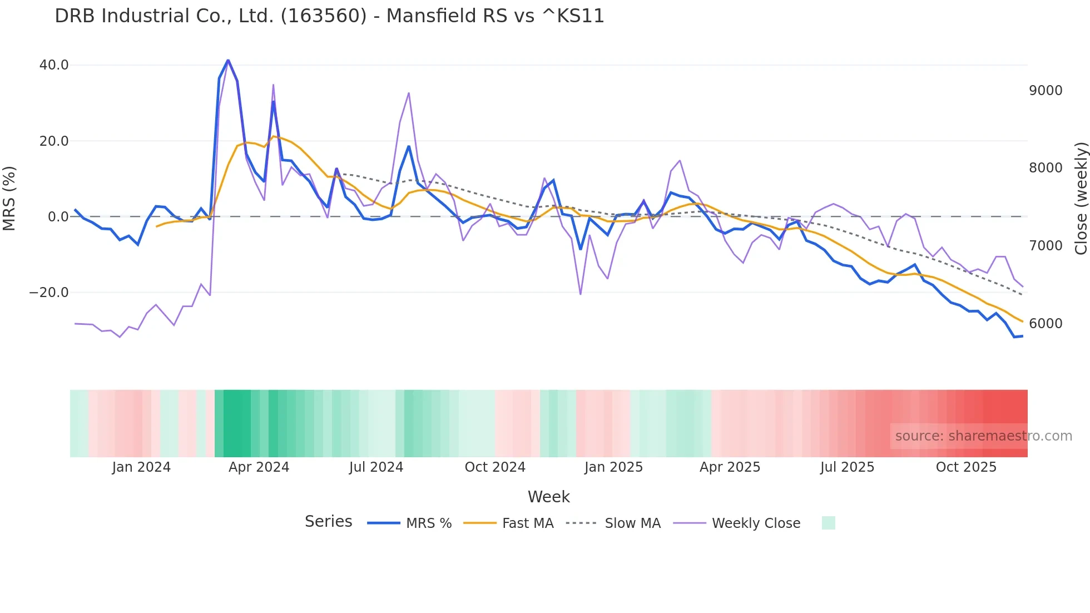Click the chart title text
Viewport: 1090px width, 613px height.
[329, 16]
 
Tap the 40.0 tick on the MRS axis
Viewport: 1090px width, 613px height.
[54, 65]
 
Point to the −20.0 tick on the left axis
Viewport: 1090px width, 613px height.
[49, 293]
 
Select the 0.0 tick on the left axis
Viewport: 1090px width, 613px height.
[58, 217]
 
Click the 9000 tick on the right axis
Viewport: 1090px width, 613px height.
[1046, 91]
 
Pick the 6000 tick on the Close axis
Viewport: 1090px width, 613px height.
[1046, 324]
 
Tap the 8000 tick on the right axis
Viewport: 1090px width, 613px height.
[1046, 168]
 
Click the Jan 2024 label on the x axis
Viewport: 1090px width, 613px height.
[141, 467]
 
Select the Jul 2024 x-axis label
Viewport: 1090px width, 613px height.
[376, 467]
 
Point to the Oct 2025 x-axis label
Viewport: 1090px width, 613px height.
[966, 467]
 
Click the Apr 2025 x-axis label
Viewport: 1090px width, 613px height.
[730, 467]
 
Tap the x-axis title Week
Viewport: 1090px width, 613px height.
[548, 497]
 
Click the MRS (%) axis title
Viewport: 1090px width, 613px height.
[9, 198]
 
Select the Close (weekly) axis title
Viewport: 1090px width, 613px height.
[1081, 198]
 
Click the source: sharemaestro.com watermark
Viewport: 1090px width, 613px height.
[983, 436]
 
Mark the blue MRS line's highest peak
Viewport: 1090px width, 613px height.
[228, 60]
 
